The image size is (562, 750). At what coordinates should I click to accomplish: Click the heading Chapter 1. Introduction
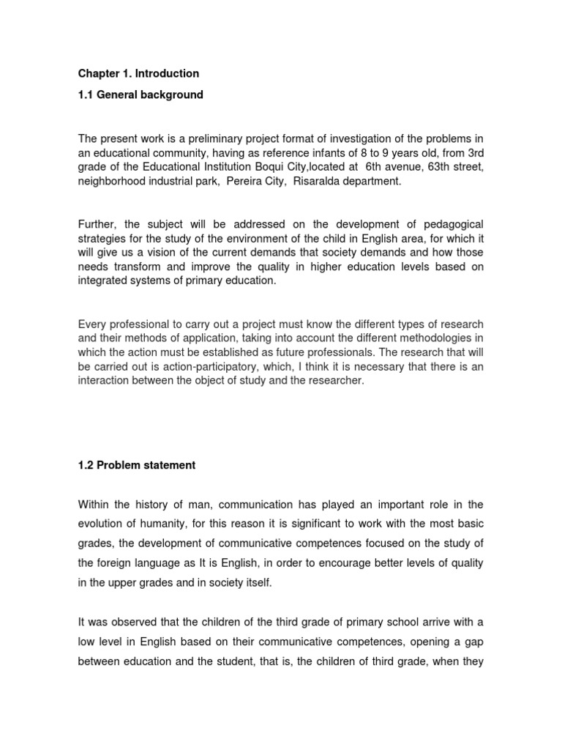138,74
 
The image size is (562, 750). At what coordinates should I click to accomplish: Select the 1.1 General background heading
140,95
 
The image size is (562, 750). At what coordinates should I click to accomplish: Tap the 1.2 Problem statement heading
137,465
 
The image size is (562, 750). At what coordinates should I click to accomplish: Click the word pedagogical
447,223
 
